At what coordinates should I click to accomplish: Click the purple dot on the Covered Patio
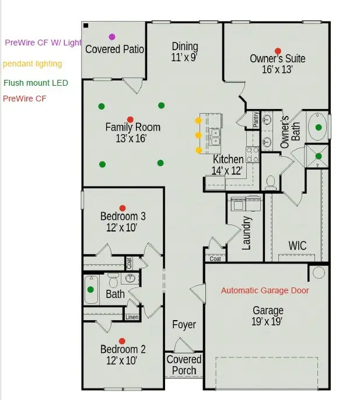tap(112, 37)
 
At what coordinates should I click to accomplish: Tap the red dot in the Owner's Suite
tap(278, 51)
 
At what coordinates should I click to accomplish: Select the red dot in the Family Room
tap(130, 119)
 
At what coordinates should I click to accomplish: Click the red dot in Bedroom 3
tap(123, 208)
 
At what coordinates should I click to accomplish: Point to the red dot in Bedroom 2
tap(122, 341)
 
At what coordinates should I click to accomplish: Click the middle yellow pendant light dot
tap(198, 135)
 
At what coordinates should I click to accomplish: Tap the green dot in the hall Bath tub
tap(90, 289)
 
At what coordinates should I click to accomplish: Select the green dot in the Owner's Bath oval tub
tap(318, 127)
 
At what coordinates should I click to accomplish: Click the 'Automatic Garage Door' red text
tap(265, 290)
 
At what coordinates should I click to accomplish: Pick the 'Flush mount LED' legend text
tap(36, 83)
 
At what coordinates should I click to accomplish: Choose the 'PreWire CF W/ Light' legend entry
tap(43, 43)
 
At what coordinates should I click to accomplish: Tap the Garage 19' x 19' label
tap(268, 316)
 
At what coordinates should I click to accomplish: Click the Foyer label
tap(184, 325)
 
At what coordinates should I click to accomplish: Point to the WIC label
tap(297, 246)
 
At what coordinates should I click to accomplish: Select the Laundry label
tap(247, 233)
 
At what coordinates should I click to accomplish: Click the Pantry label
tap(256, 120)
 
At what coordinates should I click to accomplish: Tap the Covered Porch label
tap(184, 365)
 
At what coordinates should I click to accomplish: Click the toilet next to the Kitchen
tap(271, 183)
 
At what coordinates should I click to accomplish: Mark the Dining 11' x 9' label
tap(185, 52)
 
